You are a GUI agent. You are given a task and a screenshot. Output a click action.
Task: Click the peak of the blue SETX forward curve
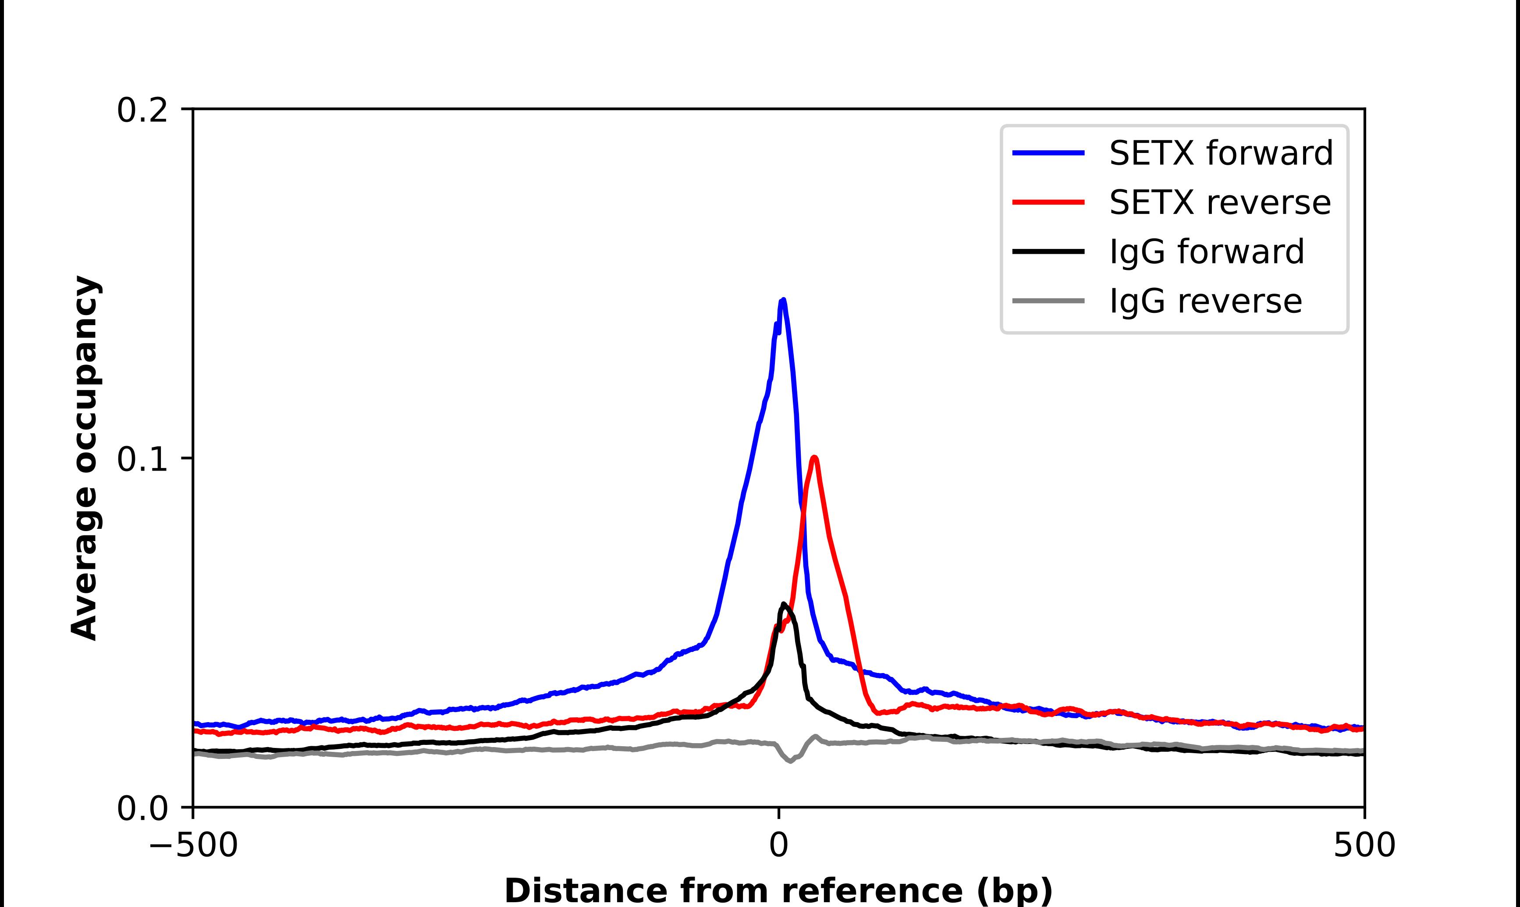[783, 300]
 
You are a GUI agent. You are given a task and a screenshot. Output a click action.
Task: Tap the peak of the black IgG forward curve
[784, 605]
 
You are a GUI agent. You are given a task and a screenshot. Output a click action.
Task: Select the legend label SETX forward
[1221, 153]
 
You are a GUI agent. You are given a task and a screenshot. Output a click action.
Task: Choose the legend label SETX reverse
[1219, 202]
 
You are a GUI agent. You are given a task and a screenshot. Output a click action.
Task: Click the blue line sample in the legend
[1048, 153]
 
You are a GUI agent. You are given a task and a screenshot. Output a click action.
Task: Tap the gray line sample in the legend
[1048, 301]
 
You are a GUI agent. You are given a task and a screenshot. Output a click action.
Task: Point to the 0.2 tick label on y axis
[142, 110]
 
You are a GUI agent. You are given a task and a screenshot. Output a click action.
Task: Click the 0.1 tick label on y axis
[142, 460]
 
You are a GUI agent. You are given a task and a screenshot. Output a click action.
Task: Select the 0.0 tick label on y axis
[142, 808]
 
